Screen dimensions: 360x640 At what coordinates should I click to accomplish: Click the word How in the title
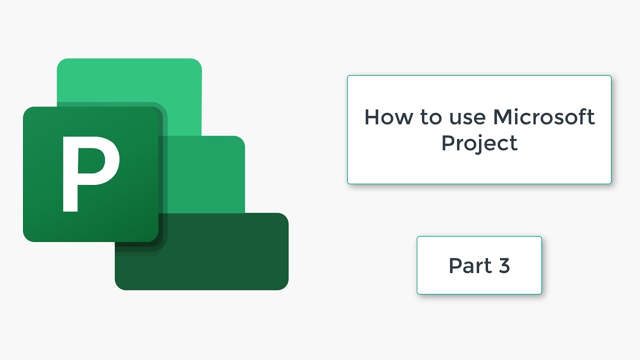coord(387,117)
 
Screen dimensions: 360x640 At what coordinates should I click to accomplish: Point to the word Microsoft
coord(544,117)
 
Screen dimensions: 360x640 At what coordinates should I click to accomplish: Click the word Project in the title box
coord(479,143)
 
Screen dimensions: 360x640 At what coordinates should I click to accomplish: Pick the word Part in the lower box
coord(469,265)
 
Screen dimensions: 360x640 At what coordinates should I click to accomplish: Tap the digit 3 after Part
coord(503,265)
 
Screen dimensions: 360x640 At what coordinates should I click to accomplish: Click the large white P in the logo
coord(90,173)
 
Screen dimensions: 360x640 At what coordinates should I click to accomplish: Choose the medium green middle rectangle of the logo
coord(210,175)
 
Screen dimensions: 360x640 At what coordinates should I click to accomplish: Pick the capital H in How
coord(372,117)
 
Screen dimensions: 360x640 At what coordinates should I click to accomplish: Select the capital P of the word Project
coord(448,143)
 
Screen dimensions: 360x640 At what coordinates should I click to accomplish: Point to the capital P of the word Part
coord(455,265)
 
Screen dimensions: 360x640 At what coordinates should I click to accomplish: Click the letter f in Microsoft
coord(582,116)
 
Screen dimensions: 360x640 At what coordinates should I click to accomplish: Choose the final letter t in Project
coord(513,143)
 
